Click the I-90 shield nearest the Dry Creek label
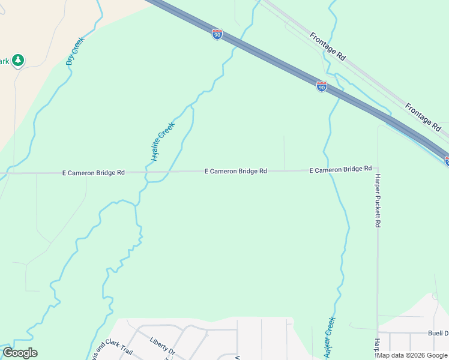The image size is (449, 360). [x=217, y=34]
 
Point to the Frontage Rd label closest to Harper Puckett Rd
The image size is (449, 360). [x=423, y=117]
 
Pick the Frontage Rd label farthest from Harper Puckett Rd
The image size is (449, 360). [x=328, y=46]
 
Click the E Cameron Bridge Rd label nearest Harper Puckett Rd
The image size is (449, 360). [x=340, y=170]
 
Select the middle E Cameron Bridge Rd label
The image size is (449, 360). [x=235, y=171]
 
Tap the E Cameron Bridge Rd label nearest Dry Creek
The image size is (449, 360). [x=93, y=172]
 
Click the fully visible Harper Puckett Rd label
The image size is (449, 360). [x=378, y=200]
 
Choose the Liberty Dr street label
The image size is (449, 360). [x=162, y=346]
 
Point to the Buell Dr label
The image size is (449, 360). [x=438, y=333]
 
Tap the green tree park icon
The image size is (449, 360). [x=19, y=60]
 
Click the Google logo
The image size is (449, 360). [x=20, y=353]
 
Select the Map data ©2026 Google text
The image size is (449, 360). [x=412, y=355]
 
